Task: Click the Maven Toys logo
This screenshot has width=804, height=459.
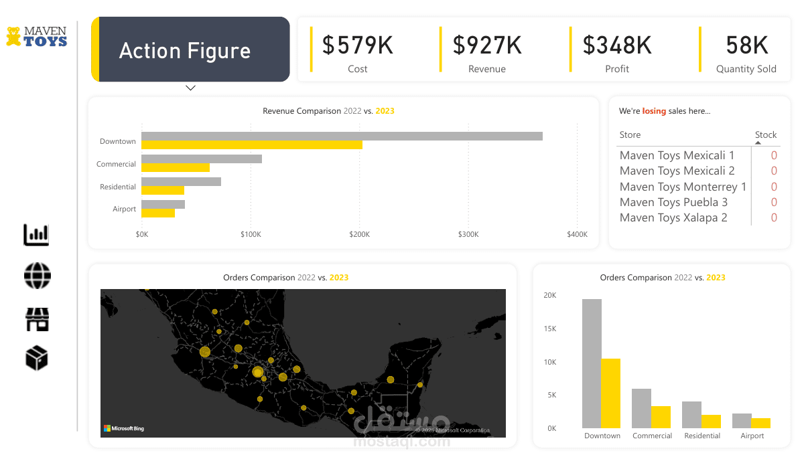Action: (37, 36)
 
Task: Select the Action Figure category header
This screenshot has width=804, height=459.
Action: (185, 51)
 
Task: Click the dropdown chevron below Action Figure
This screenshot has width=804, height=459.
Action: (190, 88)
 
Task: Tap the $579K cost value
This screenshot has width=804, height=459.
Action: (358, 45)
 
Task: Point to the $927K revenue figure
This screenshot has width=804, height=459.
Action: (487, 45)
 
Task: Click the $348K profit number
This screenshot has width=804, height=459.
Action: (617, 45)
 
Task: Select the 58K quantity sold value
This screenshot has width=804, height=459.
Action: (746, 45)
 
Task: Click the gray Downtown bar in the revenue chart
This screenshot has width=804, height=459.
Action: (342, 136)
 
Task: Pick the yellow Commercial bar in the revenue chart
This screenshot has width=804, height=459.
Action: (176, 168)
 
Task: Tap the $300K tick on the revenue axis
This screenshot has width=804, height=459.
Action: (468, 235)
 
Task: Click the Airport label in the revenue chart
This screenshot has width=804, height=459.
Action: (125, 209)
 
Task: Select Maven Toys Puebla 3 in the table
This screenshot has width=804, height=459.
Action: (673, 202)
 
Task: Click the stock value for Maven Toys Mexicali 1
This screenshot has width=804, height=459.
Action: (774, 155)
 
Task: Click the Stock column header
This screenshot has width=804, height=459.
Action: (766, 135)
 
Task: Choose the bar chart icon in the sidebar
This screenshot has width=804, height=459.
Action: (36, 235)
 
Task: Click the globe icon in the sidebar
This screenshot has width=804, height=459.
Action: (37, 276)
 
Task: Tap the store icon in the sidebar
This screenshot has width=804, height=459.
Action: (37, 319)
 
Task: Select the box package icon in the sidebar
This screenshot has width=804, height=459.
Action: (37, 359)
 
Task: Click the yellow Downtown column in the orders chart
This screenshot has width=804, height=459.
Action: (610, 393)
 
